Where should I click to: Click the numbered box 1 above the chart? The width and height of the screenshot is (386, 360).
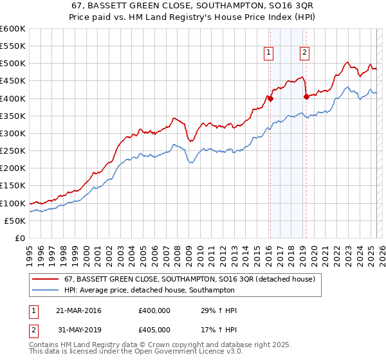click(268, 53)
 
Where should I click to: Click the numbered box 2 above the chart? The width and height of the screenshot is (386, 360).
click(304, 53)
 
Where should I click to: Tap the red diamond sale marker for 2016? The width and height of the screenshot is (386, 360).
click(271, 98)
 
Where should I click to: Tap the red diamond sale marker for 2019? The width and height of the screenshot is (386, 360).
click(306, 96)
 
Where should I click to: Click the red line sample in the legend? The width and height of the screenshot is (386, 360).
click(46, 279)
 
